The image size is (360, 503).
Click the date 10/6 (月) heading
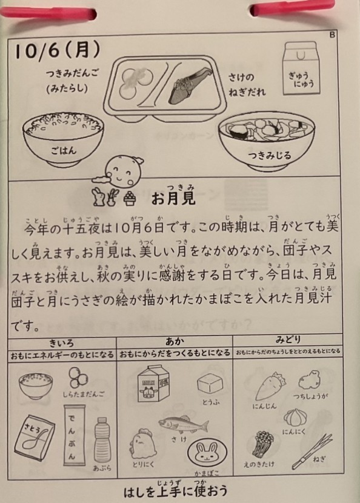tap(58, 51)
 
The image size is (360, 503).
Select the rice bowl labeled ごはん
tap(63, 139)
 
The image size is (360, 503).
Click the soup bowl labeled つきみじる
tap(267, 141)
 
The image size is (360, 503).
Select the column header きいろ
tap(62, 343)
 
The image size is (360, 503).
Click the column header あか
tap(175, 341)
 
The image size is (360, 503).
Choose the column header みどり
tap(288, 339)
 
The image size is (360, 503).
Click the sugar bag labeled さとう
tap(35, 438)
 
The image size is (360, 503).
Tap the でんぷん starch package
tap(74, 435)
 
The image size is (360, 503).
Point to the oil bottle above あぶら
tap(102, 440)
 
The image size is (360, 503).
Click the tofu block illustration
tap(210, 384)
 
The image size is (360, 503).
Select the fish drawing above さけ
tap(183, 425)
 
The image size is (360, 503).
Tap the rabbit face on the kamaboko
tap(207, 453)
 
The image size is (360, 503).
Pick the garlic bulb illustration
tap(295, 418)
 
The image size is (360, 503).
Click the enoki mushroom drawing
tap(262, 444)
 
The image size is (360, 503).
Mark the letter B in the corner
tap(332, 35)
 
